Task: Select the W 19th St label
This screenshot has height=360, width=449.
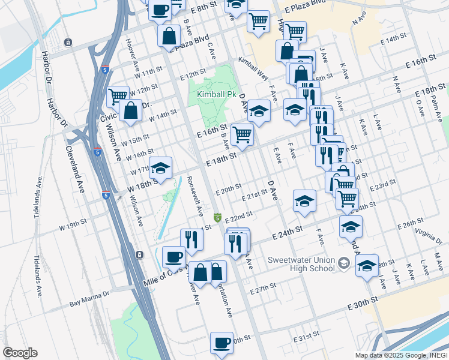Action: click(x=73, y=229)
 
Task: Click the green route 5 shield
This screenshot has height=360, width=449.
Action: click(x=218, y=217)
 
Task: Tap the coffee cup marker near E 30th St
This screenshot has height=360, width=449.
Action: click(x=221, y=342)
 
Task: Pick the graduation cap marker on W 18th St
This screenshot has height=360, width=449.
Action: click(x=161, y=167)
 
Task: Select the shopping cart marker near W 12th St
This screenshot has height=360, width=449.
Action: click(x=118, y=95)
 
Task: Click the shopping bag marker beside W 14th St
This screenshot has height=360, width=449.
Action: click(x=130, y=110)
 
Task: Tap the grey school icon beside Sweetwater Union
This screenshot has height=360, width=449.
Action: click(x=343, y=263)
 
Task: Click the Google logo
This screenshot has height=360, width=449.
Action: click(x=20, y=352)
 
